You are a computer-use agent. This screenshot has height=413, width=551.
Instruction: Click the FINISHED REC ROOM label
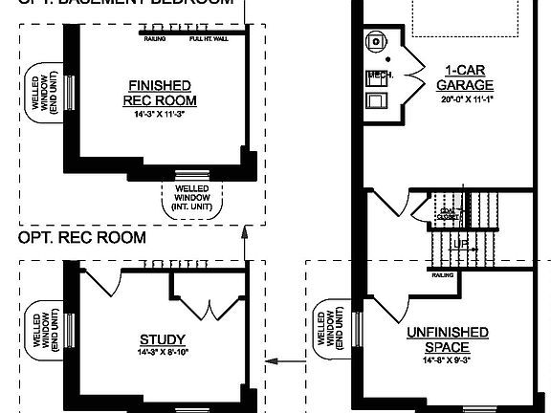pyautogui.click(x=160, y=93)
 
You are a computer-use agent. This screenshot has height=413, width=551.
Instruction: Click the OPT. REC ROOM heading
pyautogui.click(x=82, y=237)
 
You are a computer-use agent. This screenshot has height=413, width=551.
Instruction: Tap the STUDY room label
pyautogui.click(x=162, y=339)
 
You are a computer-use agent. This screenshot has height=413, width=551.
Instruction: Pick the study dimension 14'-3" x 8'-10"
pyautogui.click(x=162, y=352)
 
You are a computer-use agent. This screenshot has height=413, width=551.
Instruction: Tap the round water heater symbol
pyautogui.click(x=376, y=41)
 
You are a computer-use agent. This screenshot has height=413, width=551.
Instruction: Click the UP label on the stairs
pyautogui.click(x=463, y=245)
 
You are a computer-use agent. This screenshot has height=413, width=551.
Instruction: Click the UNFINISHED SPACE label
pyautogui.click(x=448, y=339)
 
